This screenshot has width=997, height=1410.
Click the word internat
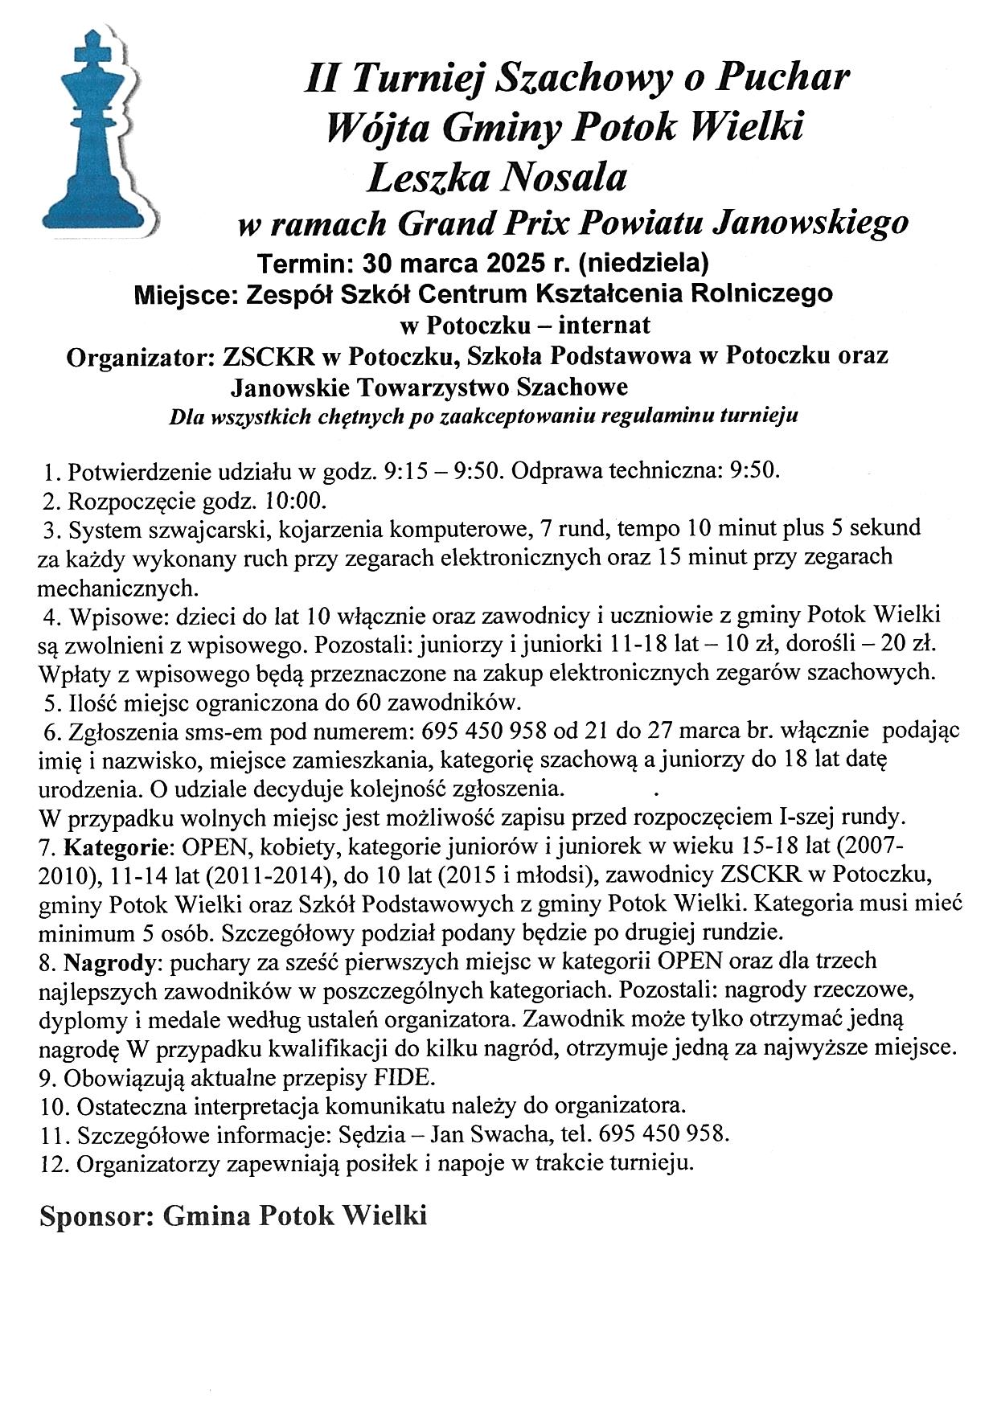604,326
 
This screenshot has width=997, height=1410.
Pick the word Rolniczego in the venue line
762,293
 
